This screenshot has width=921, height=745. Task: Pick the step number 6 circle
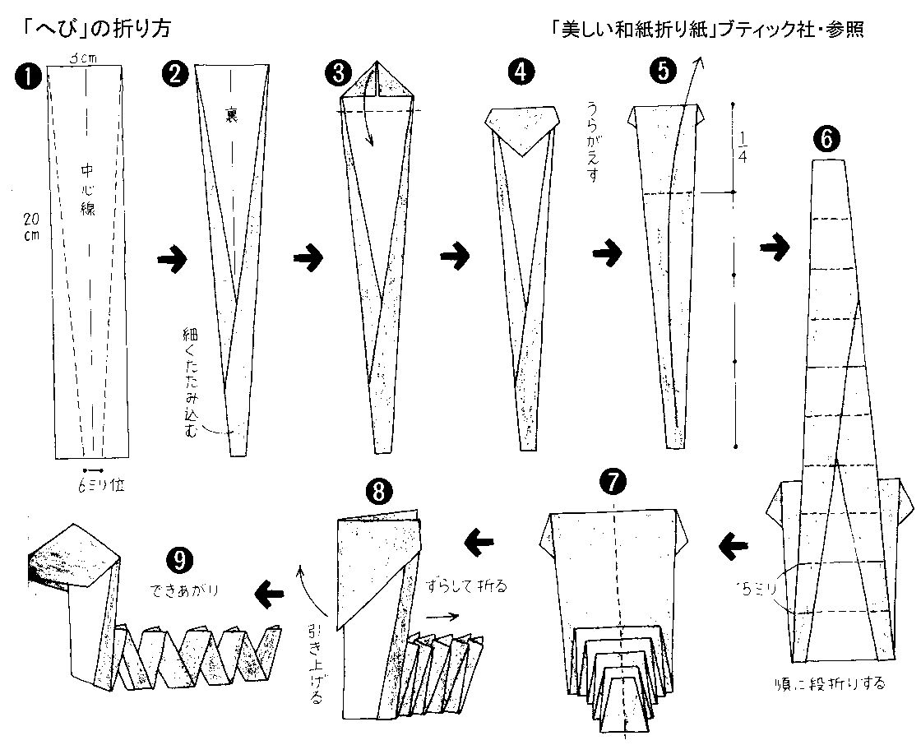pos(826,141)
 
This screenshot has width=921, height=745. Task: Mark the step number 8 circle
pos(377,492)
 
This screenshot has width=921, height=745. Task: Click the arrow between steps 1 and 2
pos(171,260)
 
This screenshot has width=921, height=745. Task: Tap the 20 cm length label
pos(31,225)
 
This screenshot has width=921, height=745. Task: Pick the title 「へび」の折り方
pos(90,30)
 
